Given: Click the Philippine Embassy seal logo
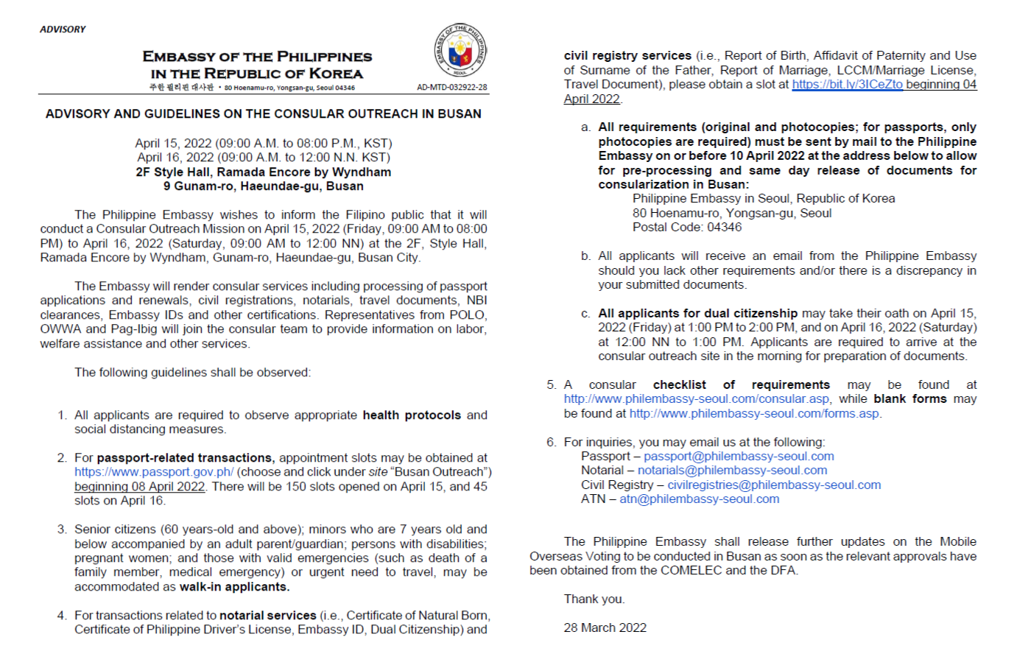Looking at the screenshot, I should (x=460, y=50).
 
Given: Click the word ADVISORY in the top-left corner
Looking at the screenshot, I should (x=63, y=29).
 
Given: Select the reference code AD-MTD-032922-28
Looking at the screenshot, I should (x=451, y=87).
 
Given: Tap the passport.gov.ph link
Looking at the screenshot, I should (x=154, y=472).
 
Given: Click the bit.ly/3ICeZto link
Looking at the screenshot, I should (x=847, y=85).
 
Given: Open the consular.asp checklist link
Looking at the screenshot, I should (x=697, y=399).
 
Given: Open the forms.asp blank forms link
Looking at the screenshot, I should (x=754, y=414).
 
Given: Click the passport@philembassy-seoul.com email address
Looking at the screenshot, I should (x=739, y=457).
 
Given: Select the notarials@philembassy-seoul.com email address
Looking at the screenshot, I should (x=732, y=471).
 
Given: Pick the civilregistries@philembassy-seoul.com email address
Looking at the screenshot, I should (x=774, y=485).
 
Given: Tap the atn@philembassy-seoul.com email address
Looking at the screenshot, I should (x=699, y=499).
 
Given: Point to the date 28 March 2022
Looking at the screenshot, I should (x=605, y=628).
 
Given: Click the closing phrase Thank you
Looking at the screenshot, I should (x=594, y=600).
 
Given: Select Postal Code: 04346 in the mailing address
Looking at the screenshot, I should (x=686, y=228).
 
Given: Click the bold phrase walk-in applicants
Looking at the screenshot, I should (x=234, y=587).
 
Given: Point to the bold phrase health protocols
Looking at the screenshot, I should (x=412, y=415).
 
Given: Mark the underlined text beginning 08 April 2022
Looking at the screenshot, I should (x=139, y=487).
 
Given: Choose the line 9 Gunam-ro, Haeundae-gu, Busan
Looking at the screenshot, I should (x=263, y=186).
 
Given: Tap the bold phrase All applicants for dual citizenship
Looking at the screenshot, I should (x=697, y=314).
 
